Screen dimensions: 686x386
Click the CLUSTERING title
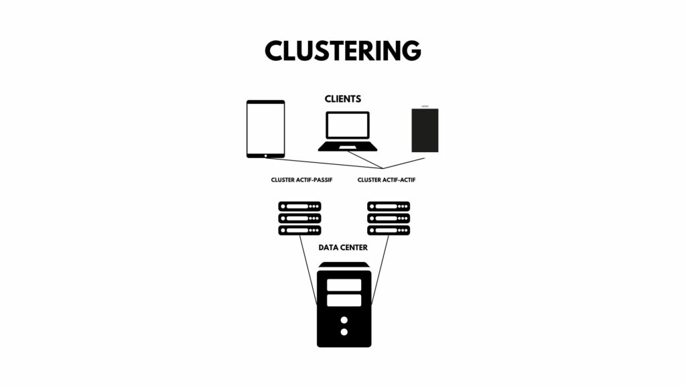click(343, 50)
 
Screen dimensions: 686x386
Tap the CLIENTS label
click(343, 99)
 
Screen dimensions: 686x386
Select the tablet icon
click(265, 129)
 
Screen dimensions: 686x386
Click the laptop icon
click(348, 131)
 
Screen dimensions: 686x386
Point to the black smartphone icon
click(425, 129)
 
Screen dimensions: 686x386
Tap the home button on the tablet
click(265, 155)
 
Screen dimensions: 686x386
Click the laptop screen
click(348, 125)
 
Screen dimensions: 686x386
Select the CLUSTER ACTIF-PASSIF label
click(301, 180)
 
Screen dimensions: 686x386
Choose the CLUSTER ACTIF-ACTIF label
click(387, 180)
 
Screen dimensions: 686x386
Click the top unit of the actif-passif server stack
click(299, 206)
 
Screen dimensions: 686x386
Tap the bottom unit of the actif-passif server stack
click(299, 231)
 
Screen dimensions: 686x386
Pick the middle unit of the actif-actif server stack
click(389, 218)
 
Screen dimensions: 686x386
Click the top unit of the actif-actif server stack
click(389, 206)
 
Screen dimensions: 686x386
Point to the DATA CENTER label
click(343, 248)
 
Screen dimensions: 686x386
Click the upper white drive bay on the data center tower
click(344, 285)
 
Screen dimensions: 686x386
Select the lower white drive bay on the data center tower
click(344, 300)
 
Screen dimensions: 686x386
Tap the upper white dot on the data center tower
click(344, 320)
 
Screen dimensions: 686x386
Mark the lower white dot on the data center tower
click(344, 332)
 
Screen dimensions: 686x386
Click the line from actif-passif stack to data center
click(308, 270)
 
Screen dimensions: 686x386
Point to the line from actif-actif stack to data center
click(381, 270)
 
